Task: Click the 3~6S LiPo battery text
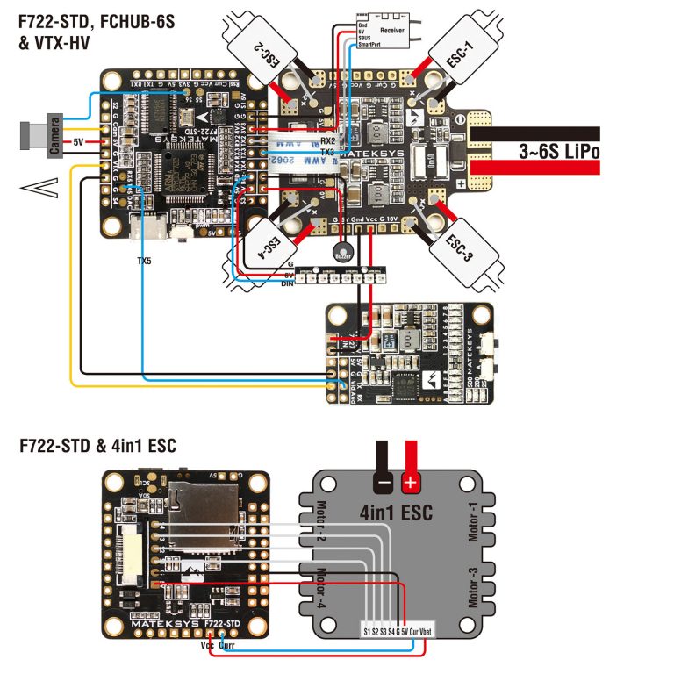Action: point(559,151)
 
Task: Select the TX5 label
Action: point(144,261)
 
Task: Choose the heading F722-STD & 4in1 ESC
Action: point(97,446)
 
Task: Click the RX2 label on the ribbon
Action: point(327,140)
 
